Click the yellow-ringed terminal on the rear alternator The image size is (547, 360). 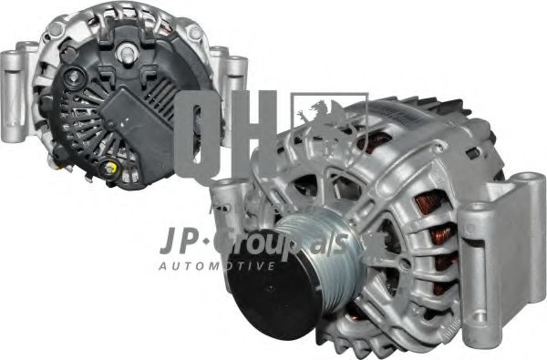pyautogui.click(x=112, y=169)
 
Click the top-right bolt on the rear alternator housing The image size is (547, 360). pyautogui.click(x=194, y=32)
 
